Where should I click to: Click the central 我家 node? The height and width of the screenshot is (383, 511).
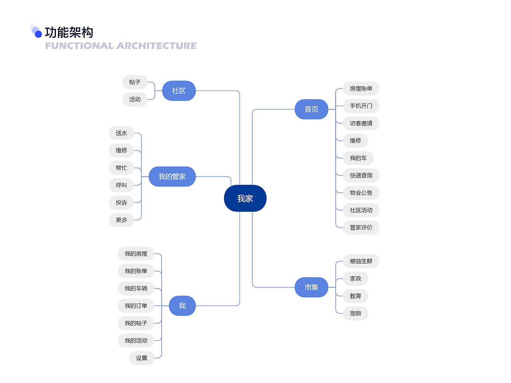pyautogui.click(x=245, y=198)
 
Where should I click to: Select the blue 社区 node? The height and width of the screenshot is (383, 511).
pyautogui.click(x=179, y=91)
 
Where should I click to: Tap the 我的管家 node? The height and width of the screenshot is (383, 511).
pyautogui.click(x=172, y=176)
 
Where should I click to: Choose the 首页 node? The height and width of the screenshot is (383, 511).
pyautogui.click(x=311, y=109)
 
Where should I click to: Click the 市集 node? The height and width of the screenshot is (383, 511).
pyautogui.click(x=311, y=287)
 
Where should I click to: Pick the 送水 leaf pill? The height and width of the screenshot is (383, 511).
pyautogui.click(x=121, y=133)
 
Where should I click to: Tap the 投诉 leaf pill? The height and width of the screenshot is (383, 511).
pyautogui.click(x=121, y=203)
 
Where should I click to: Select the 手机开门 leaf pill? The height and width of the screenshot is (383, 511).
pyautogui.click(x=361, y=106)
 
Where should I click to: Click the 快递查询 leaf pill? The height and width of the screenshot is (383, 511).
pyautogui.click(x=361, y=176)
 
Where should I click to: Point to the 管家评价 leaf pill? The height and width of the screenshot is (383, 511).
pyautogui.click(x=361, y=228)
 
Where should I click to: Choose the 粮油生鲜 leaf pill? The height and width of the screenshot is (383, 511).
pyautogui.click(x=361, y=261)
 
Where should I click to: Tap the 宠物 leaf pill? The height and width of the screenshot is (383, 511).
pyautogui.click(x=355, y=314)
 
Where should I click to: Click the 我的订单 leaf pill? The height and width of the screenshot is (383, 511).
pyautogui.click(x=136, y=306)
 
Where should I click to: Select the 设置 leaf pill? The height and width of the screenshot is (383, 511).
pyautogui.click(x=142, y=358)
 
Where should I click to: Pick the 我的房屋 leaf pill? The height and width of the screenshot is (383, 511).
pyautogui.click(x=136, y=254)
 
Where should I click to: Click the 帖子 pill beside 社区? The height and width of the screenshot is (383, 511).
pyautogui.click(x=135, y=82)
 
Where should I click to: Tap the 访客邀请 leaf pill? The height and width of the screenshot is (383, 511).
pyautogui.click(x=361, y=123)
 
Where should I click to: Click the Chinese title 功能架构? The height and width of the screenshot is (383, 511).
pyautogui.click(x=69, y=33)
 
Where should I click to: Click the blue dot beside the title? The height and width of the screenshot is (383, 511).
pyautogui.click(x=38, y=34)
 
